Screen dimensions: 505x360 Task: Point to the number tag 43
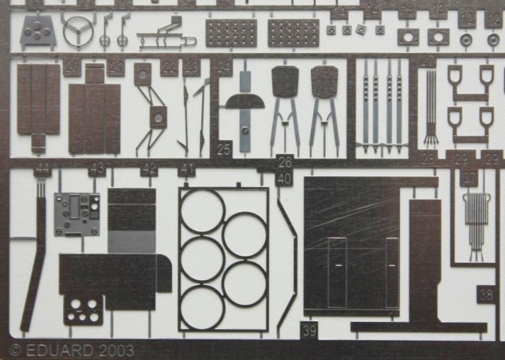pyautogui.click(x=97, y=169)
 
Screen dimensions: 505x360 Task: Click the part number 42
pyautogui.click(x=149, y=169)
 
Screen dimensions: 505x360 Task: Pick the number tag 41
pyautogui.click(x=187, y=169)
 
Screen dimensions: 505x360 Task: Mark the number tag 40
pyautogui.click(x=284, y=179)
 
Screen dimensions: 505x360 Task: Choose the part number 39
pyautogui.click(x=309, y=332)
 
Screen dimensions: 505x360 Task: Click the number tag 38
pyautogui.click(x=486, y=294)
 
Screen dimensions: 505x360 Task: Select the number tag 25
pyautogui.click(x=224, y=148)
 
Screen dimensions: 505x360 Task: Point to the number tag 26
pyautogui.click(x=285, y=163)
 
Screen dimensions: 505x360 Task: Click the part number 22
pyautogui.click(x=169, y=68)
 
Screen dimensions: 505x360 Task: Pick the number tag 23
pyautogui.click(x=192, y=68)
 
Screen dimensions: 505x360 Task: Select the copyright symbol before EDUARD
pyautogui.click(x=14, y=350)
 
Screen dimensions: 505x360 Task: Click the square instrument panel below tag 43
pyautogui.click(x=77, y=213)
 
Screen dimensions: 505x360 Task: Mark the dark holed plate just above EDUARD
pyautogui.click(x=83, y=309)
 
